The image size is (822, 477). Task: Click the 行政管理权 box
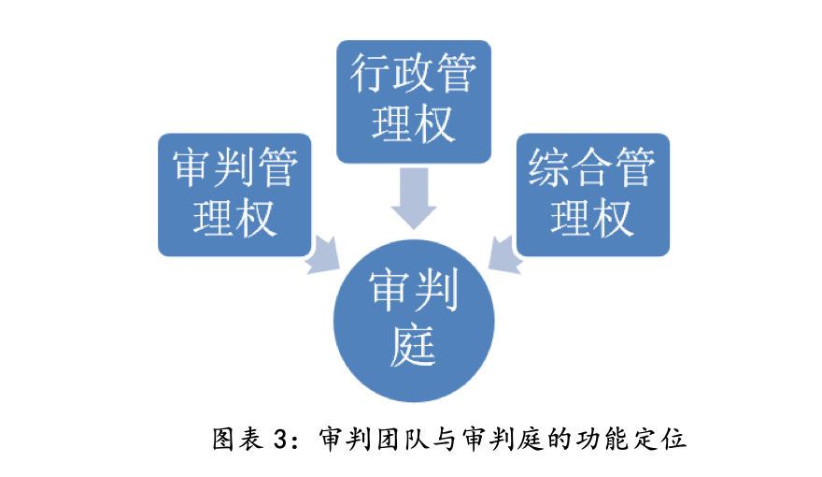[x=414, y=101]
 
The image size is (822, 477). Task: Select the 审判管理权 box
[x=234, y=195]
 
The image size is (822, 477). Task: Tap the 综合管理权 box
[x=593, y=195]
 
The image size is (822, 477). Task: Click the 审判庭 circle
[x=414, y=321]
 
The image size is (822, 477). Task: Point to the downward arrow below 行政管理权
[x=414, y=198]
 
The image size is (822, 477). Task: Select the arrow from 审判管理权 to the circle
[x=322, y=255]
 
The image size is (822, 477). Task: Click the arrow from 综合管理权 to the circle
[x=505, y=255]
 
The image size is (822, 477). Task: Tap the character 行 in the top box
[x=371, y=73]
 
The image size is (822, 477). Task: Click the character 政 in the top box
[x=414, y=73]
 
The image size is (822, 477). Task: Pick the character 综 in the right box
[x=549, y=166]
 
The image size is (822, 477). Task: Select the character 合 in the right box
[x=593, y=166]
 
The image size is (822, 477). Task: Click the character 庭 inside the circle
[x=414, y=345]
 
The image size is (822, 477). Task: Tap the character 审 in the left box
[x=192, y=166]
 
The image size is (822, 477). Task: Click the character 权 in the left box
[x=256, y=217]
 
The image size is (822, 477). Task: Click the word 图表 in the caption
[x=237, y=439]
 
